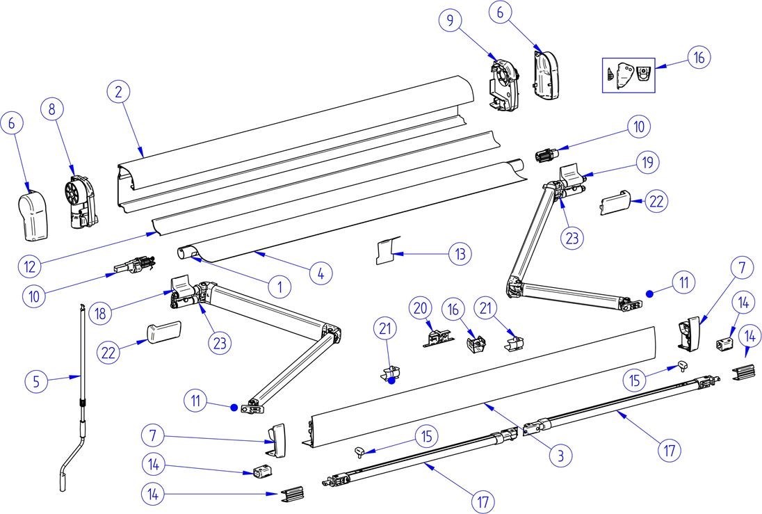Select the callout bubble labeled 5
[37, 380]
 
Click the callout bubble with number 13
[460, 254]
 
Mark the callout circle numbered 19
[647, 163]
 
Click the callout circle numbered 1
[279, 285]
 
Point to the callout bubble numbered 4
[321, 274]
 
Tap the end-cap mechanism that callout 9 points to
[503, 83]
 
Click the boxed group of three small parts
[628, 74]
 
